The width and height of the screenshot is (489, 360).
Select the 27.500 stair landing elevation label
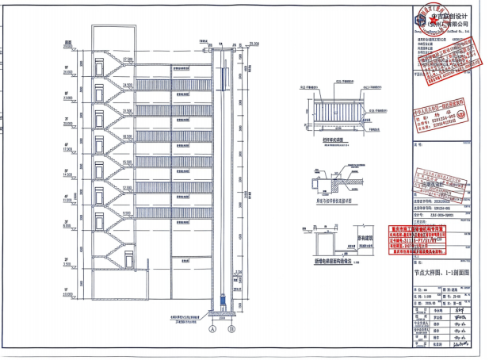pos(128,58)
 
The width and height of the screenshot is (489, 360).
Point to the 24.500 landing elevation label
pos(128,83)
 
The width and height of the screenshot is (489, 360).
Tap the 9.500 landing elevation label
pos(128,211)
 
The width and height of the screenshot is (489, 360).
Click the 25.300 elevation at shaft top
pos(254,42)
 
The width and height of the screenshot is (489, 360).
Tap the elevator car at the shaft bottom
pos(223,302)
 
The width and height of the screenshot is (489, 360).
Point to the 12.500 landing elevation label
pos(128,186)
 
